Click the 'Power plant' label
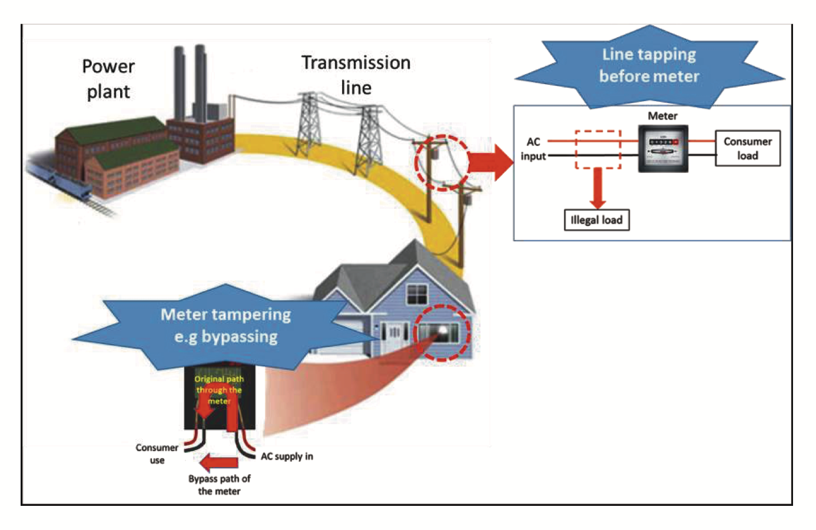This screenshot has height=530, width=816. tap(108, 79)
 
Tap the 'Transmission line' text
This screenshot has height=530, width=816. tap(356, 75)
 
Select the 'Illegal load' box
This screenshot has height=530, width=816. tap(596, 220)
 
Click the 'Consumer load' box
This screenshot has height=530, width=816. tap(747, 148)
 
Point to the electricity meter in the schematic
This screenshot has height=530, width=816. tap(663, 148)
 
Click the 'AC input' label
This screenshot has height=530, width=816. tap(533, 149)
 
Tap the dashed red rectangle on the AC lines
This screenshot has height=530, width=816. tap(598, 149)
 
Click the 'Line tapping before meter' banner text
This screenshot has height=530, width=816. tap(649, 65)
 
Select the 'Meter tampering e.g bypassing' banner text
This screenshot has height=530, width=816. tap(226, 325)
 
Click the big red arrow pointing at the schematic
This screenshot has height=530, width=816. tap(493, 162)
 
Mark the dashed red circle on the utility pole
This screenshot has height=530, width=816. tap(442, 162)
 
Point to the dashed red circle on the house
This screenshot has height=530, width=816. tap(442, 333)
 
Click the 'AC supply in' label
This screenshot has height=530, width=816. tap(287, 456)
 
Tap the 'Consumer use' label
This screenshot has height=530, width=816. tap(157, 454)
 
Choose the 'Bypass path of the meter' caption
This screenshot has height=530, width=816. tap(219, 485)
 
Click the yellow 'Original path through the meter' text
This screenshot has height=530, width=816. tap(219, 389)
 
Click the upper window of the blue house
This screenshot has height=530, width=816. tap(417, 294)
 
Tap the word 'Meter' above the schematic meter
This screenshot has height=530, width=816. tap(662, 116)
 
